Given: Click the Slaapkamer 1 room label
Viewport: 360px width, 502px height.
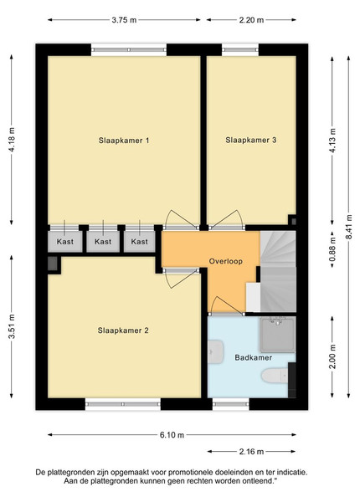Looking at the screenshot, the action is [124, 141].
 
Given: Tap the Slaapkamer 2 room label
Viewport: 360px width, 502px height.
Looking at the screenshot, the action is [123, 330].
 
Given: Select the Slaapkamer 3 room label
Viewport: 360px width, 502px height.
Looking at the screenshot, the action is [251, 140].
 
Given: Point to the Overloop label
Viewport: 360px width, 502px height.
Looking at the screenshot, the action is [226, 261].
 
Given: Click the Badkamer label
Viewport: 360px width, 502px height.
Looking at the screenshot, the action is [254, 357].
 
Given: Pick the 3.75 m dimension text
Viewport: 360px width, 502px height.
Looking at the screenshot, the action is [124, 20].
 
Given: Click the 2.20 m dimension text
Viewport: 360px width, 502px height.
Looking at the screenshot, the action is [251, 20].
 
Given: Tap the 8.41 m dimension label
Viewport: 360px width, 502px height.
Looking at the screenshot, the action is [349, 227].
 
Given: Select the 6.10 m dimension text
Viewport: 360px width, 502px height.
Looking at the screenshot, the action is [172, 435].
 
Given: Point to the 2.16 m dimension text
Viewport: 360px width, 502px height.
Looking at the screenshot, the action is [251, 452].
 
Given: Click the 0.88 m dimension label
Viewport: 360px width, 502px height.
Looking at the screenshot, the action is [332, 248].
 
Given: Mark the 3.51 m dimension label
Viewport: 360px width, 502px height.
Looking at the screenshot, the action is [12, 326].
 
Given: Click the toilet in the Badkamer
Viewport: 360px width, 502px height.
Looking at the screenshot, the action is [275, 376].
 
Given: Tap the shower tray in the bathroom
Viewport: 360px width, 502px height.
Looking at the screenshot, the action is [277, 335].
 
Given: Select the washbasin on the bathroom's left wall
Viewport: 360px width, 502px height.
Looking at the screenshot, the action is [215, 352].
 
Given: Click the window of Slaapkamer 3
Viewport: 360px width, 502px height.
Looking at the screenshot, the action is [240, 49].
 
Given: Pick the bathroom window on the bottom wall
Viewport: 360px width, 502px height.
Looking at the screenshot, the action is [230, 404].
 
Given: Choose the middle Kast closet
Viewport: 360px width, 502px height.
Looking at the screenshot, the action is [103, 242].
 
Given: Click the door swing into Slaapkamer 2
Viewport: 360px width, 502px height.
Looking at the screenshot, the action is [181, 278].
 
